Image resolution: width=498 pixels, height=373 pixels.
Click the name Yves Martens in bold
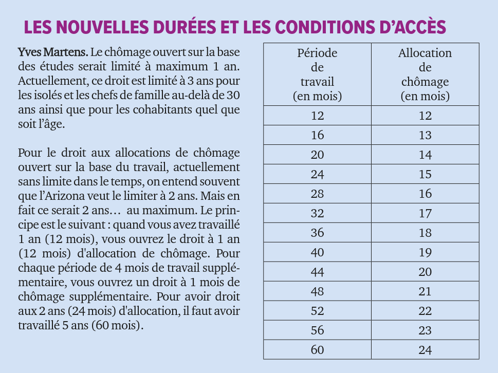(53, 52)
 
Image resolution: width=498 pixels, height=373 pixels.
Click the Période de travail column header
(317, 74)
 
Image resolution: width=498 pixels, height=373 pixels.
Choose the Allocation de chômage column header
(425, 74)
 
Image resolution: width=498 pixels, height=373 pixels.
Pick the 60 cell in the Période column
(317, 349)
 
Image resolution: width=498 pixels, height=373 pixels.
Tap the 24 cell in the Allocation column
(425, 349)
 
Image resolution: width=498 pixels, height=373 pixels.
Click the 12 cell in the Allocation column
(425, 115)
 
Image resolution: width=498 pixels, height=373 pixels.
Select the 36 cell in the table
(317, 232)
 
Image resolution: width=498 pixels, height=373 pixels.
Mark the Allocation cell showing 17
(425, 213)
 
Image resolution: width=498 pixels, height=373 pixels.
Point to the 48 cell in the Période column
(317, 291)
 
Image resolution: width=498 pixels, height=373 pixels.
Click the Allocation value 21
(425, 291)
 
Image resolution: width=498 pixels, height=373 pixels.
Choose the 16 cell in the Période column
(317, 135)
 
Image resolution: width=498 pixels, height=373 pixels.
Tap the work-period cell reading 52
(317, 310)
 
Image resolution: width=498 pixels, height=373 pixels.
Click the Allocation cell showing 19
(425, 252)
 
